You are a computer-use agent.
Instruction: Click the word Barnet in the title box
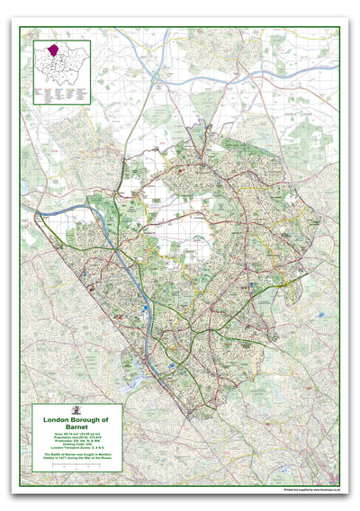[76, 429]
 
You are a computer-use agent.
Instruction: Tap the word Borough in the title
[87, 420]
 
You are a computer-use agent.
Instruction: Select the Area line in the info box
[76, 437]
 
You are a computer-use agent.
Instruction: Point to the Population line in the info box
[76, 441]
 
